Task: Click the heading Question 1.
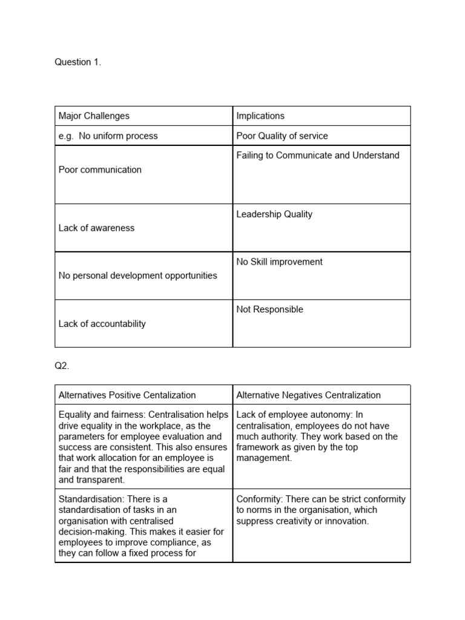point(78,62)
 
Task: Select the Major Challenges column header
point(94,116)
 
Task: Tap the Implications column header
point(260,116)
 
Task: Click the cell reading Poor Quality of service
point(282,136)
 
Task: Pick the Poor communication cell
point(100,170)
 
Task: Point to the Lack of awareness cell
point(96,228)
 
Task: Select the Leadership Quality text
point(274,214)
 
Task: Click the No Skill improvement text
point(279,262)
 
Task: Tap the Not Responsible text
point(269,309)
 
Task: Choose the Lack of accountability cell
point(102,323)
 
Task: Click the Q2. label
point(62,366)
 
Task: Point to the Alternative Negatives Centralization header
point(308,395)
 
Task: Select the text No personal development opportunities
point(137,275)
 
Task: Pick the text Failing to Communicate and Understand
point(318,155)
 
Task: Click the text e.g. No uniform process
point(108,136)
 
